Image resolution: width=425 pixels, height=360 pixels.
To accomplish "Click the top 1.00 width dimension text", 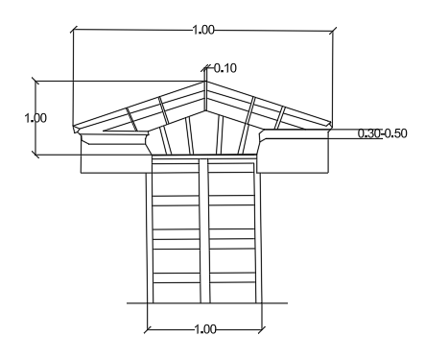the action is click(x=203, y=30).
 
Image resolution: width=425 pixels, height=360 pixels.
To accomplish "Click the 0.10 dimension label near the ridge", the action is click(x=225, y=68).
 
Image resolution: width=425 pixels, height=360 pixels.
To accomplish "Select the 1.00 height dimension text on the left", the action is click(x=35, y=118).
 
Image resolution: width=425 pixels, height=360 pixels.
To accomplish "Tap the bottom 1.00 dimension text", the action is click(x=205, y=329).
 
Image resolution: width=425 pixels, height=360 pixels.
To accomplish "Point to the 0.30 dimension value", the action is click(x=369, y=133).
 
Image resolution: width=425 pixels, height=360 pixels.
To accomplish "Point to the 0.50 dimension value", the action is click(x=395, y=133).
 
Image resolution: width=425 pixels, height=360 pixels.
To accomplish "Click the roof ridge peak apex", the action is click(x=205, y=82).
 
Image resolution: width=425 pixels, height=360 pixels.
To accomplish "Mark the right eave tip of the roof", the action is click(x=331, y=124).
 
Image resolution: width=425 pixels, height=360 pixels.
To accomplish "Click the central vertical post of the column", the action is click(x=204, y=230).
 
